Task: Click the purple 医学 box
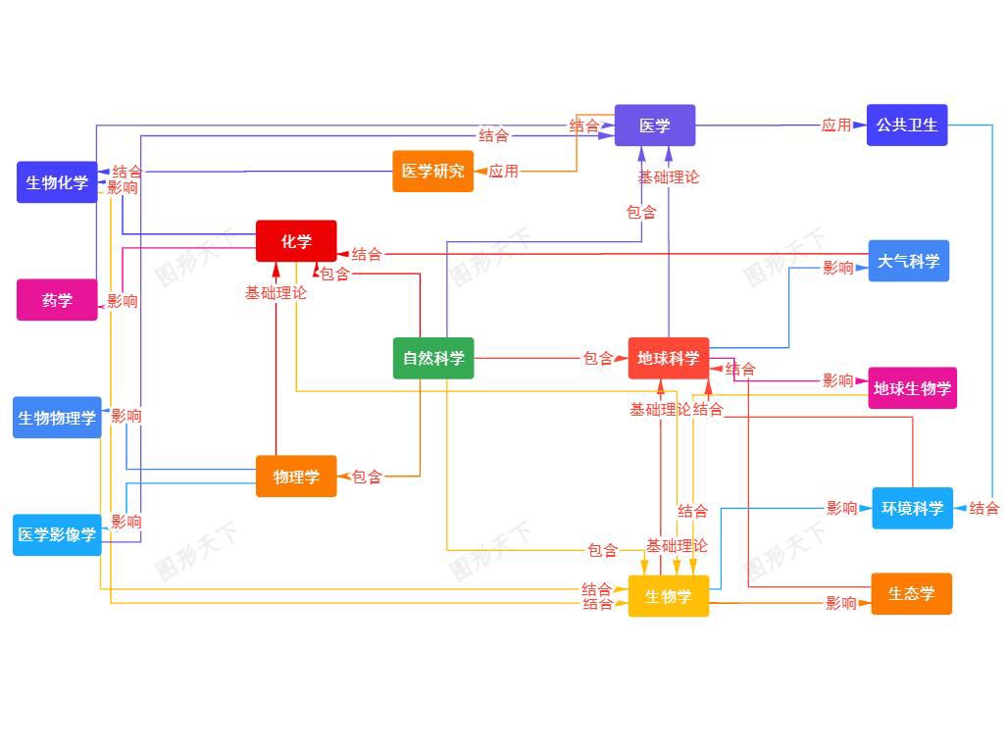point(654,125)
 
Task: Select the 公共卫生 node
point(906,125)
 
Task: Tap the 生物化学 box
point(57,182)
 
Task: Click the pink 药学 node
point(57,300)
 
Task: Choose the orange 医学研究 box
point(432,171)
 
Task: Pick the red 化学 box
point(296,241)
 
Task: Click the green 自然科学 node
point(432,358)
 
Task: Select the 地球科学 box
point(668,358)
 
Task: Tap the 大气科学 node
point(908,261)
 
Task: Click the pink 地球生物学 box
point(912,388)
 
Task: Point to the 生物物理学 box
point(57,418)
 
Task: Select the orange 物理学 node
point(296,476)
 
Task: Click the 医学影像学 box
point(57,534)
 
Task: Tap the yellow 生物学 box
point(668,596)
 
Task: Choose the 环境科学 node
point(912,508)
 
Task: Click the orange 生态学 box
point(911,594)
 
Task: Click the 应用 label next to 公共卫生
point(835,125)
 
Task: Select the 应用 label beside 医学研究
point(503,171)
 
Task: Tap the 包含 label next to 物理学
point(367,476)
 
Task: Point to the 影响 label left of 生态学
point(840,603)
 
